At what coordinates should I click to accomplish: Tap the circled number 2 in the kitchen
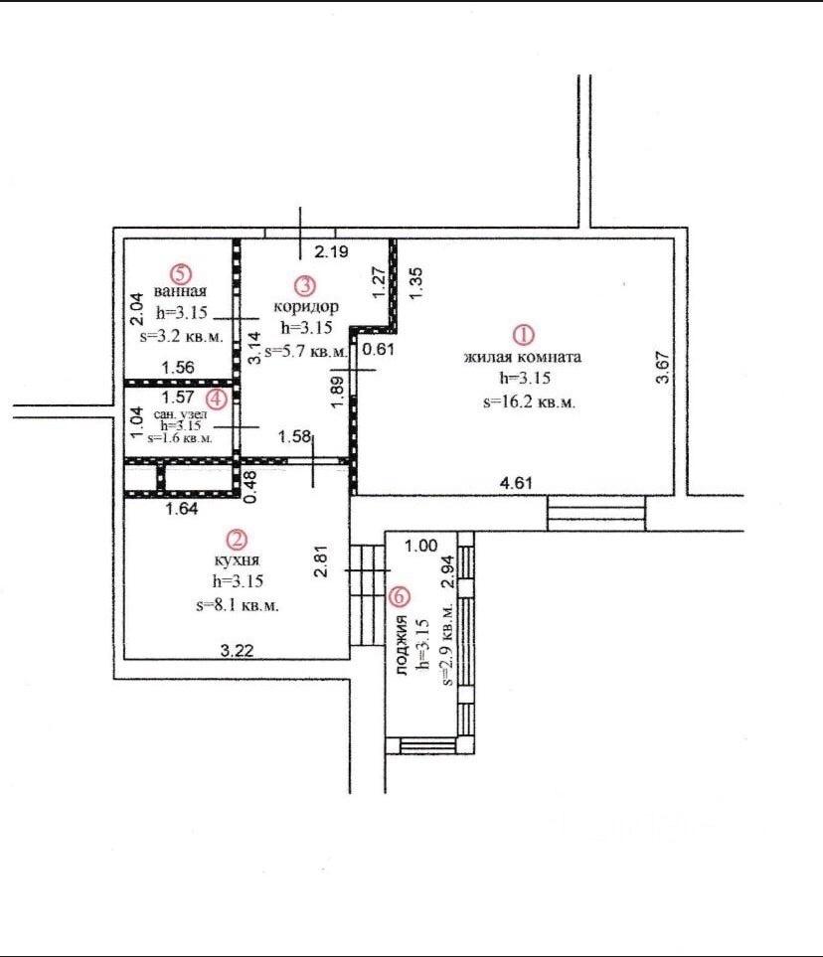click(x=237, y=539)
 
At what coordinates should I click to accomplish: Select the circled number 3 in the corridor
click(x=305, y=285)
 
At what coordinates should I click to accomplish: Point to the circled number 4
click(x=217, y=399)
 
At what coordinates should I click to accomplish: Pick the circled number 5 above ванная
click(x=181, y=272)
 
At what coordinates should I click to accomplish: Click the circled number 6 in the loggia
click(x=400, y=596)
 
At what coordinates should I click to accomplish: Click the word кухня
click(x=237, y=560)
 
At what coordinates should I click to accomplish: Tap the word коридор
click(x=306, y=306)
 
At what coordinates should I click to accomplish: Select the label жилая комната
click(x=523, y=357)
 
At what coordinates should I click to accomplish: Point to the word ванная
click(x=180, y=291)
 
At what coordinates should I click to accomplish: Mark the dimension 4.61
click(x=516, y=483)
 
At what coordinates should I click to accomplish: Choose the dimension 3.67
click(x=663, y=366)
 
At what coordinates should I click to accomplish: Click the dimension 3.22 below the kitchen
click(x=237, y=651)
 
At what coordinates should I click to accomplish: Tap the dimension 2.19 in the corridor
click(x=332, y=251)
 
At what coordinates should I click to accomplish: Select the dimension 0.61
click(x=379, y=350)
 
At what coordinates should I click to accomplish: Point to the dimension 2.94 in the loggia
click(x=449, y=571)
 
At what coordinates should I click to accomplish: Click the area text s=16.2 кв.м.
click(x=529, y=402)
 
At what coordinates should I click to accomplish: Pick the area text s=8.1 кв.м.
click(x=238, y=605)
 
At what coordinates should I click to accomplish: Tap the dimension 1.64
click(x=182, y=509)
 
